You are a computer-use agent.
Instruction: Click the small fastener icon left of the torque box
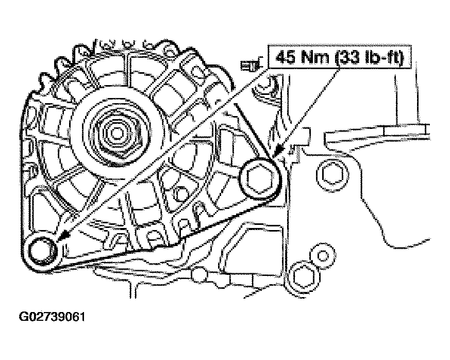coord(251,64)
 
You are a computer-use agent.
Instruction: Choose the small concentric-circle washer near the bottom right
coord(322,255)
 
